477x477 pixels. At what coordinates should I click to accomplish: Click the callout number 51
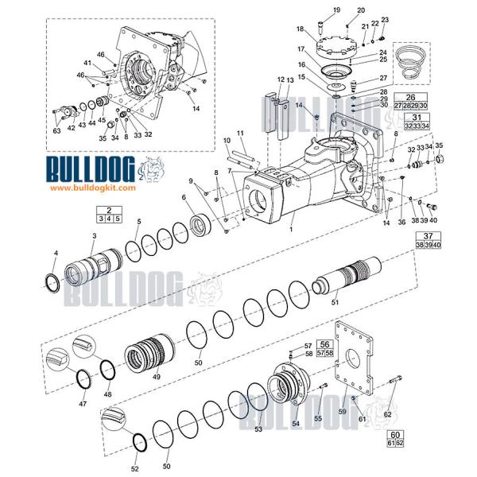335,302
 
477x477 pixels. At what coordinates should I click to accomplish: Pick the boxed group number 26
411,97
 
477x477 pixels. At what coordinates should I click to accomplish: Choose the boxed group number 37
428,235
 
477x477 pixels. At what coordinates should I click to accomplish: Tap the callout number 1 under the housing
292,229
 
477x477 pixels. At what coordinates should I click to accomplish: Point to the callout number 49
156,376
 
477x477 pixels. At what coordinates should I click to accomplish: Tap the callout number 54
296,424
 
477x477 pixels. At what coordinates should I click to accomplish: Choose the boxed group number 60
395,434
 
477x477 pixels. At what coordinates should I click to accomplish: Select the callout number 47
82,404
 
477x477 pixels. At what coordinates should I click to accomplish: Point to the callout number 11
240,132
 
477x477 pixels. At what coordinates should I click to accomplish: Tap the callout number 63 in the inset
56,131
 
